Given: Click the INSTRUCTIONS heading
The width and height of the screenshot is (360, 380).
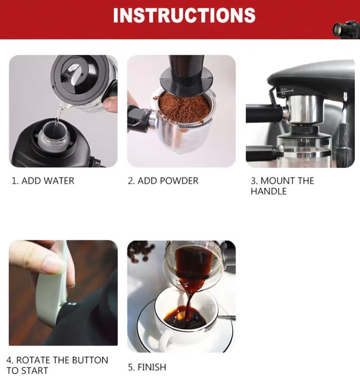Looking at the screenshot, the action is pyautogui.click(x=184, y=15).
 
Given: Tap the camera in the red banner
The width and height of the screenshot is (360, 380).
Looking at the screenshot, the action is pyautogui.click(x=346, y=30).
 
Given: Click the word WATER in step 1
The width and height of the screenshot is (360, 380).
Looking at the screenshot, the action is pyautogui.click(x=59, y=181).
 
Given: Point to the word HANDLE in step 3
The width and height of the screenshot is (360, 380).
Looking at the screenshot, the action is pyautogui.click(x=269, y=192).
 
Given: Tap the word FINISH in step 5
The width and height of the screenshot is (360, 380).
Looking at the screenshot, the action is pyautogui.click(x=152, y=367).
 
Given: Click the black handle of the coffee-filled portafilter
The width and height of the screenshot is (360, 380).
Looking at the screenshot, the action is pyautogui.click(x=139, y=118).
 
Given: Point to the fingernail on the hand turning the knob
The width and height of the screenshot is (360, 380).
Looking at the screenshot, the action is pyautogui.click(x=53, y=264).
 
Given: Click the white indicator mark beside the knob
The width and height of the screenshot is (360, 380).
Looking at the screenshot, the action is pyautogui.click(x=72, y=303).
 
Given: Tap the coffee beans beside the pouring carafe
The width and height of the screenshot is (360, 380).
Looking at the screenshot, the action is pyautogui.click(x=140, y=252).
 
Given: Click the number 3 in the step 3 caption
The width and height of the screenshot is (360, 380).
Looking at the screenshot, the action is pyautogui.click(x=253, y=181).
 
